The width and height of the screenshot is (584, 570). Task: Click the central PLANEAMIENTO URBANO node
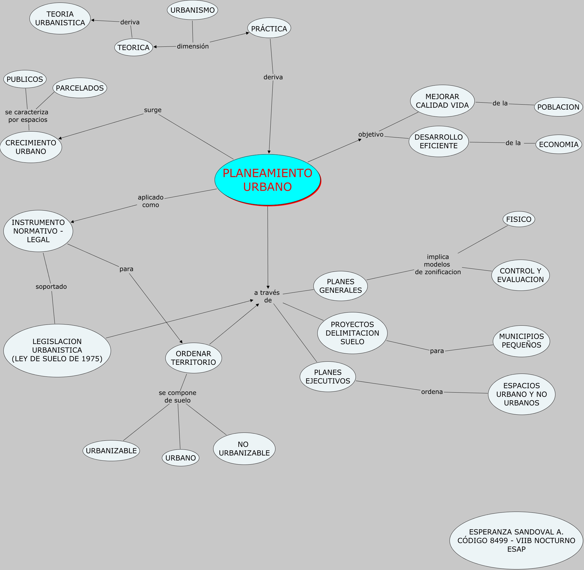(267, 180)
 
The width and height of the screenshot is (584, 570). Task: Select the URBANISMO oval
(192, 10)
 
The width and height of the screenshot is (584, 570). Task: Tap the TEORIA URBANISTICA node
(60, 18)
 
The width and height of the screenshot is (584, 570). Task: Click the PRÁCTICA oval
(269, 28)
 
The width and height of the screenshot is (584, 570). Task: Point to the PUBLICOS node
(25, 79)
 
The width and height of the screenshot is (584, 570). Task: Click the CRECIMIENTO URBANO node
(31, 147)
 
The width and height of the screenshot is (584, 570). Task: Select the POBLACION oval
(558, 107)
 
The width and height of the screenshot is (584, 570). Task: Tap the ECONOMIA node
(558, 144)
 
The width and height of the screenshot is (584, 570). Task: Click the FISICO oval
(519, 219)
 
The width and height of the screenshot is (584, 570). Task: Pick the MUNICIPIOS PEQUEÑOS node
(521, 341)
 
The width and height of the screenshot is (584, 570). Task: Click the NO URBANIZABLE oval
(244, 448)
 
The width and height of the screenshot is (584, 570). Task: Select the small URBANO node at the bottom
(180, 458)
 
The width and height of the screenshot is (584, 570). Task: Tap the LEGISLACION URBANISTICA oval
(57, 350)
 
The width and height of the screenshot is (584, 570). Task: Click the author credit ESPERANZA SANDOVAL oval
(516, 540)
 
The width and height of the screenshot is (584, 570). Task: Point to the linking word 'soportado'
(51, 287)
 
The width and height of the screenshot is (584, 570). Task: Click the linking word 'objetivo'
(371, 134)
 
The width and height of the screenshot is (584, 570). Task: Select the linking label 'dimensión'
(192, 46)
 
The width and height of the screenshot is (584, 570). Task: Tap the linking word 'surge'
(153, 110)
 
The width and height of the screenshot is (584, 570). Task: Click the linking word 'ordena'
(432, 392)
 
